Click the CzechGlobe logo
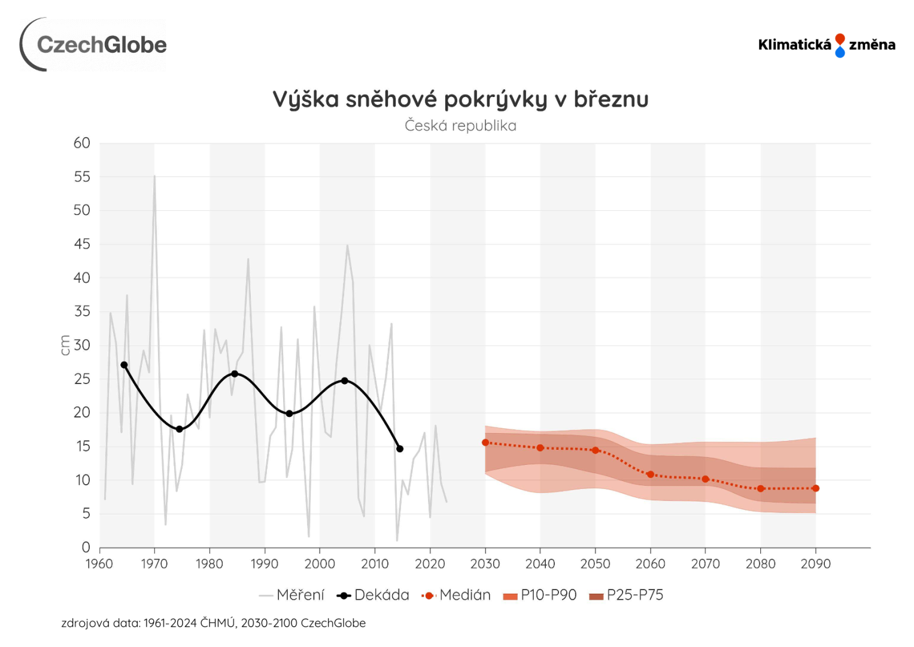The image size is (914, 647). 94,45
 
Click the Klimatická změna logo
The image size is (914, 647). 826,45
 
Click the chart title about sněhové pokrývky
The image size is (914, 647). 460,99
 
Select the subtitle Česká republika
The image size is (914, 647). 460,126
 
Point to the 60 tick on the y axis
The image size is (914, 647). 82,143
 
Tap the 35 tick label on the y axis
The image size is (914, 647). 82,312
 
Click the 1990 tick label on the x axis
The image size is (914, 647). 265,564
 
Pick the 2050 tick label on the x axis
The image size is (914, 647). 595,564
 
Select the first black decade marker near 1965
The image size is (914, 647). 124,365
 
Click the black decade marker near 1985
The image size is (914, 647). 235,374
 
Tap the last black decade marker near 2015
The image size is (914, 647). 400,449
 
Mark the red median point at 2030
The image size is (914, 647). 485,443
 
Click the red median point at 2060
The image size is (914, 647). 651,474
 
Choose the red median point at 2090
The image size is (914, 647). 816,488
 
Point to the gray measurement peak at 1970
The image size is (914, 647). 154,176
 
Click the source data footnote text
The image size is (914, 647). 213,623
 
